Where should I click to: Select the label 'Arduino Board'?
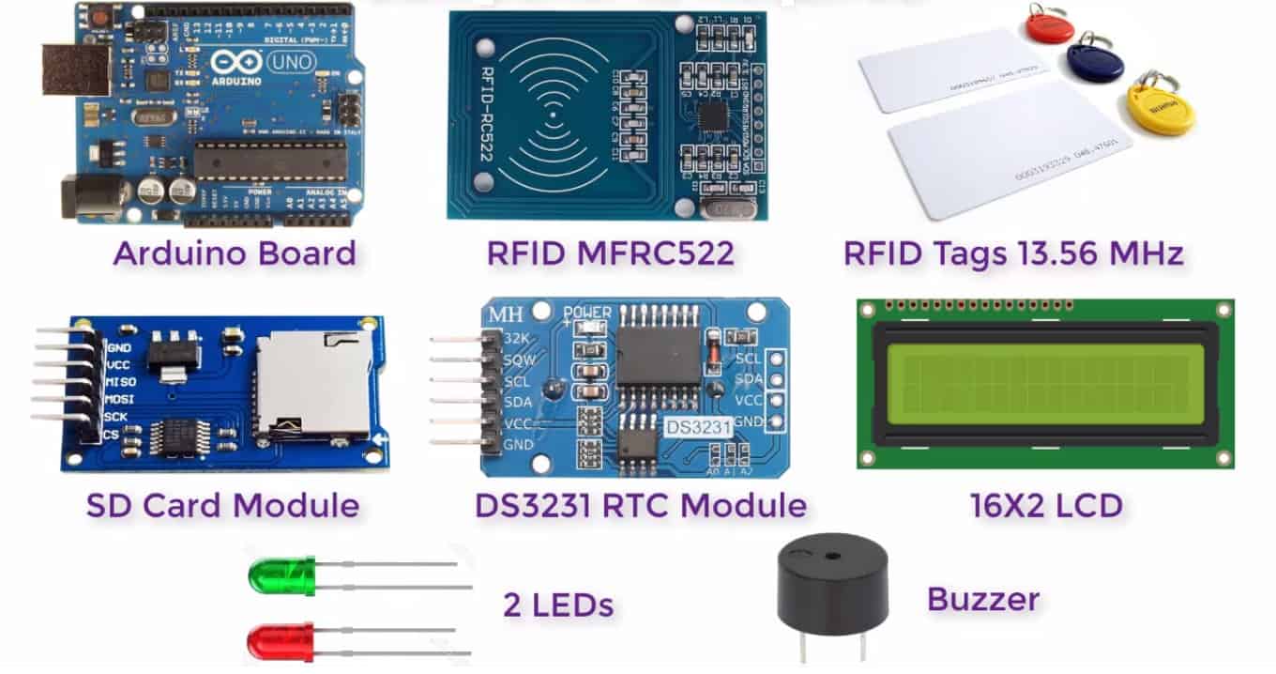point(235,253)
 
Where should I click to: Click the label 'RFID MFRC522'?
point(610,253)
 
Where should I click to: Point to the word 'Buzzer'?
point(983,599)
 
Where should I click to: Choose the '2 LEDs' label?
point(558,605)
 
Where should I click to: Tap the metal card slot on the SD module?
point(312,385)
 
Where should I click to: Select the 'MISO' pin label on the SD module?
point(121,382)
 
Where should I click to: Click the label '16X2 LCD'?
point(1046,506)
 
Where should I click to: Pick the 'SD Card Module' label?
point(222,506)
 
